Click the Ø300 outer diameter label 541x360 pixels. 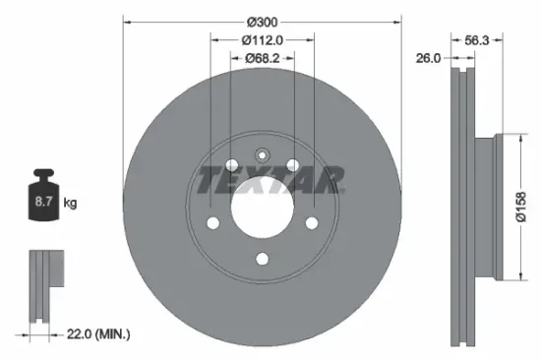[x=263, y=22]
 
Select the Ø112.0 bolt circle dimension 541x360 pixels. [x=263, y=40]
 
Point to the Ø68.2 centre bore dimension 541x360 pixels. [x=263, y=58]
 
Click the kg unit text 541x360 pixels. [x=69, y=204]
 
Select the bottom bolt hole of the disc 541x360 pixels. [x=263, y=259]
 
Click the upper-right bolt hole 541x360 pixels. [x=293, y=164]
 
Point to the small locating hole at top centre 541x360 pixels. [x=263, y=153]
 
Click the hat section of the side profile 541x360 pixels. [x=492, y=208]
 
